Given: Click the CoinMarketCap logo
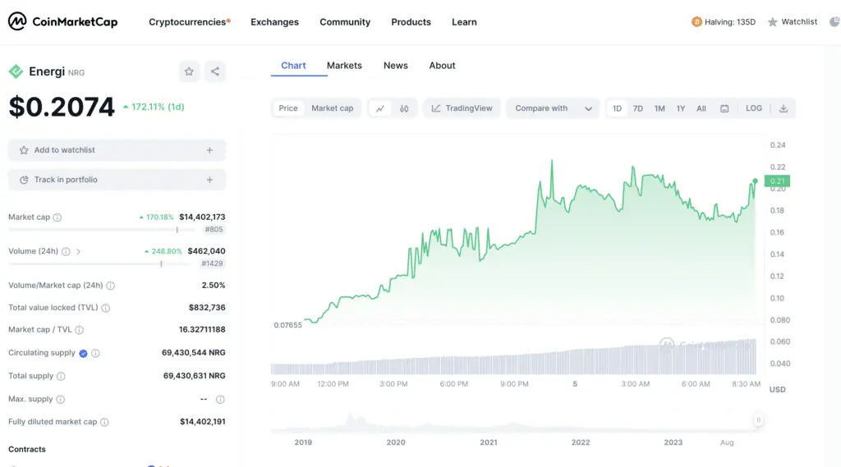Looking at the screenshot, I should click(63, 22).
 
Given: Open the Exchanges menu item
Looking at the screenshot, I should click(274, 22).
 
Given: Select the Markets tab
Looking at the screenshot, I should click(344, 66).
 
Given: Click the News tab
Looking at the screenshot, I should click(395, 66).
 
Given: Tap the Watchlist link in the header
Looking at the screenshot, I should click(793, 22).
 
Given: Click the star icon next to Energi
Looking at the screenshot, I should click(189, 71).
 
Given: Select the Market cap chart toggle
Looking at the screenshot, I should click(332, 108).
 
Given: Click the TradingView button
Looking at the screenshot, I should click(462, 108).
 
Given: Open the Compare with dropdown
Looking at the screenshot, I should click(553, 108).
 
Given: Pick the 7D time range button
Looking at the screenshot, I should click(638, 108).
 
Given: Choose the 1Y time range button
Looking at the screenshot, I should click(681, 108).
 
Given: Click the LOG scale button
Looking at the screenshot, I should click(753, 108).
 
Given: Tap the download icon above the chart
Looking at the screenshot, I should click(784, 108).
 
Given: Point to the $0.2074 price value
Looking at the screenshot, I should click(62, 107).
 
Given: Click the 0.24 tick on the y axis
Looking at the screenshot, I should click(778, 145).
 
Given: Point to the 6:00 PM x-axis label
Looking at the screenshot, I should click(453, 384).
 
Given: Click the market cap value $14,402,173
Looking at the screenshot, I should click(202, 217).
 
